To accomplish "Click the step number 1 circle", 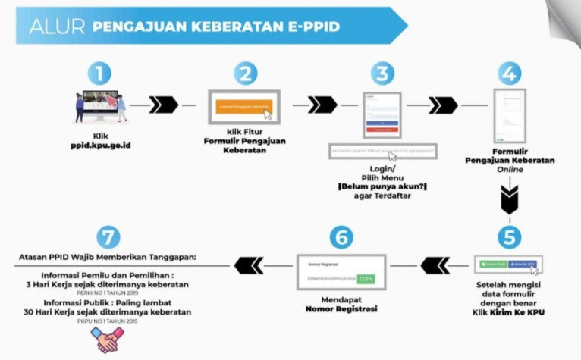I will [x=99, y=74].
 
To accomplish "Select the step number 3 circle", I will [x=383, y=74].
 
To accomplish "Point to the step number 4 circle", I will [x=509, y=74].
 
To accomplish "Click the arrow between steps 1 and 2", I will [x=163, y=104].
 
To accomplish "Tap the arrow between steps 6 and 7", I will [x=248, y=265].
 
